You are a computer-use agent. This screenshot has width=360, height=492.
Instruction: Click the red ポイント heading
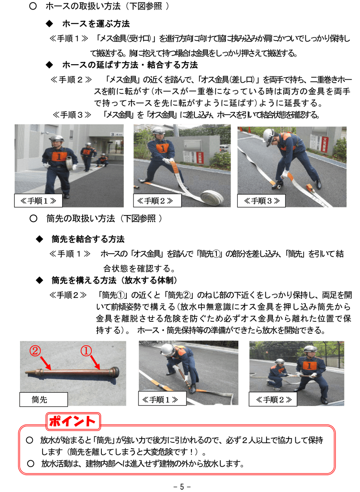[73, 421]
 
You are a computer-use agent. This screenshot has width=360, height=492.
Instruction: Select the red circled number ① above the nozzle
[86, 351]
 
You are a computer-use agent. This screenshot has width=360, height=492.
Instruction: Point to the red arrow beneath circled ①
[96, 362]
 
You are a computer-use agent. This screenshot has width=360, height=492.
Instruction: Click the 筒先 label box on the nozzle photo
[43, 399]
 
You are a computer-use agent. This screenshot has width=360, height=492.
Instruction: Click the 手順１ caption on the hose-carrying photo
[38, 201]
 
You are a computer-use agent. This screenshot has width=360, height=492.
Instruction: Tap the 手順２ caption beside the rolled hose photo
[157, 201]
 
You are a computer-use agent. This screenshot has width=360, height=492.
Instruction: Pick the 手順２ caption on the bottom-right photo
[273, 399]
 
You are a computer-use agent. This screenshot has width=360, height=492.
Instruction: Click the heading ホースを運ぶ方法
[96, 24]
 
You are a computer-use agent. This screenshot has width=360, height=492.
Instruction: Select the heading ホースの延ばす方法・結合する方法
[129, 65]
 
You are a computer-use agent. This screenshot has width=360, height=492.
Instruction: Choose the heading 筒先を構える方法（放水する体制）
[114, 280]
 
